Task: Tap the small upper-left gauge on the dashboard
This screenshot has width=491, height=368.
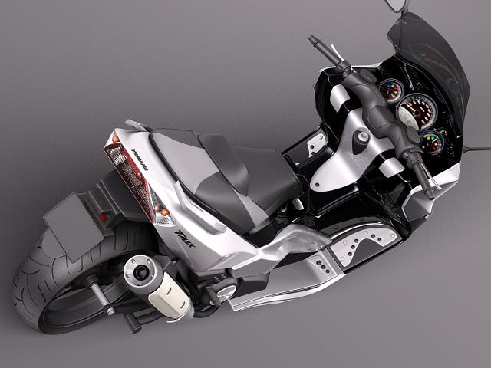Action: pyautogui.click(x=391, y=90)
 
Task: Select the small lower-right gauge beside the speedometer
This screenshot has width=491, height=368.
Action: pyautogui.click(x=431, y=141)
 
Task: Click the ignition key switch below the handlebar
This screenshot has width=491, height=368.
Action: pyautogui.click(x=361, y=140)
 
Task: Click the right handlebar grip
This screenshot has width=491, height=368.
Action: pyautogui.click(x=418, y=165)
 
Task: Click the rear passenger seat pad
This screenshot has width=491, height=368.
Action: pyautogui.click(x=180, y=153)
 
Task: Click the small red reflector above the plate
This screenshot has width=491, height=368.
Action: pyautogui.click(x=102, y=217)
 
